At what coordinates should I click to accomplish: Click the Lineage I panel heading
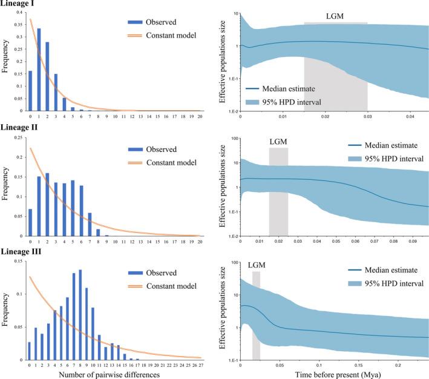[20, 5]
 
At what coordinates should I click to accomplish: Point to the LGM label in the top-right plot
[334, 16]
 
